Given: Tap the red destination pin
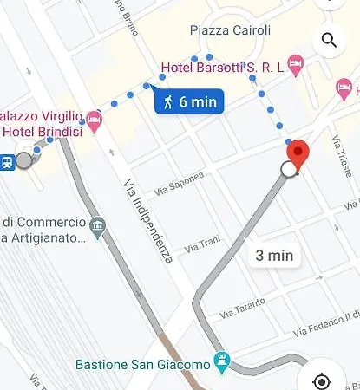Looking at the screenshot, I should click(x=298, y=153).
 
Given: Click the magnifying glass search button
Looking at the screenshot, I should click(x=329, y=40).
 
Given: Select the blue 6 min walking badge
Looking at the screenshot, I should click(x=188, y=101).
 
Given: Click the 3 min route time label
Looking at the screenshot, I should click(x=274, y=255).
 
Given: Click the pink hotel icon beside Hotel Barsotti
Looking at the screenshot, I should click(x=296, y=63).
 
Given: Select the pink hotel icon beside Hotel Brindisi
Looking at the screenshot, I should click(x=95, y=124).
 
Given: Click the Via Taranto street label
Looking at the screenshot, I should click(x=241, y=306).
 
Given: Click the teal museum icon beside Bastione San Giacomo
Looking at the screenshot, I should click(x=222, y=359).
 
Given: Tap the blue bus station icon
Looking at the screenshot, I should click(x=6, y=160).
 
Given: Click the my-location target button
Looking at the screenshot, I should click(x=322, y=381).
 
